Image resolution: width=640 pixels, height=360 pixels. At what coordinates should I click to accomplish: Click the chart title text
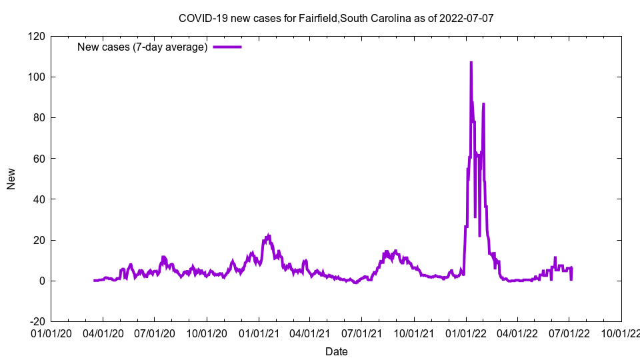point(336,18)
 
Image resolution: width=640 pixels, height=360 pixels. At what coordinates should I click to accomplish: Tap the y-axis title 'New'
point(11,179)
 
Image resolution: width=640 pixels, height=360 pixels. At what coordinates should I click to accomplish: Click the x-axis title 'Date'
point(336,351)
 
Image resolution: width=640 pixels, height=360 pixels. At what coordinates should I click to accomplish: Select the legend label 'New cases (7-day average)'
point(143,47)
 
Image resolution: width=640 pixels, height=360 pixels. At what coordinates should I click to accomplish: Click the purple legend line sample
point(227,47)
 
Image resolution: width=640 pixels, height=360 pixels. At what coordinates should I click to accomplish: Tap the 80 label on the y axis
point(39,118)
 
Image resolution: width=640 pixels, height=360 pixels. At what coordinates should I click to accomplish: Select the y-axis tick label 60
point(39,159)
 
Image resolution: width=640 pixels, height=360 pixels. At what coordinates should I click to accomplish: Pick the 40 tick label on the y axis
point(39,199)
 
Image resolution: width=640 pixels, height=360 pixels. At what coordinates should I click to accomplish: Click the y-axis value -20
point(37,321)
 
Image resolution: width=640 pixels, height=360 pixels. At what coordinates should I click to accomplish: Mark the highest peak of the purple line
point(471,62)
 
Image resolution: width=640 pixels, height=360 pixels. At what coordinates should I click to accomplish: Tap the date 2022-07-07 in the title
point(466,18)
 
